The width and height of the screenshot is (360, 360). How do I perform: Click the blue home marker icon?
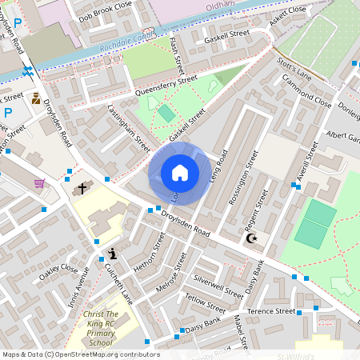coord(180,173)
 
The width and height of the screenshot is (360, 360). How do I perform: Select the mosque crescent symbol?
coord(250,238)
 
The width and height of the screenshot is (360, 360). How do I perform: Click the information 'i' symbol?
coord(113,254)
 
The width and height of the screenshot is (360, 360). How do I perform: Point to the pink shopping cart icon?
coord(39,183)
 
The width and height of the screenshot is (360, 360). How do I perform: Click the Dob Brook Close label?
coord(105,14)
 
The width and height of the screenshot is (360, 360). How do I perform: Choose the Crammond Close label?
coord(306,92)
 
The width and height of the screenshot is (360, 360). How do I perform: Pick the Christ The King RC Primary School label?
coord(101,328)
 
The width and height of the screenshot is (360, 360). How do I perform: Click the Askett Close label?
coord(287,14)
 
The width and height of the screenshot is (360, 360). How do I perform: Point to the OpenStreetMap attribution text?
coord(81,354)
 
